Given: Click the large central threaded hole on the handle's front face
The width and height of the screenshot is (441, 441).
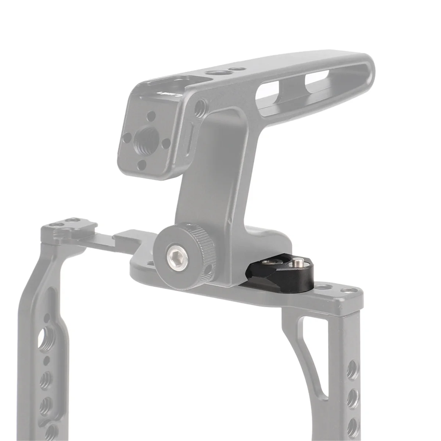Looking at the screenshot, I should click(x=142, y=139).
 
